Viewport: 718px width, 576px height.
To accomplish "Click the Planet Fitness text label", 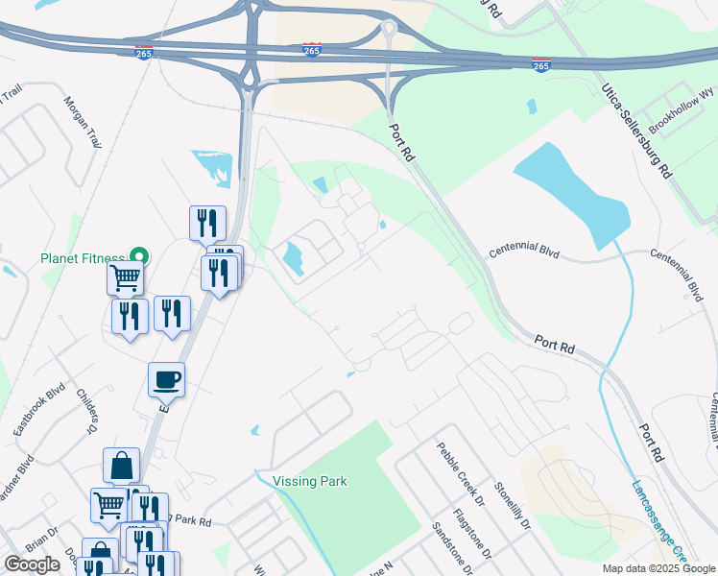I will click(82, 258).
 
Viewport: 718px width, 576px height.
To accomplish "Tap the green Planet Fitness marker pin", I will click(139, 256).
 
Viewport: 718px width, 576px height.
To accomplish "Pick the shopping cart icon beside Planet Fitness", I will click(125, 278).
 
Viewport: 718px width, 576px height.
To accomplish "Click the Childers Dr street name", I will click(86, 412).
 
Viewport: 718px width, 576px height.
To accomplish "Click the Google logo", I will click(32, 564).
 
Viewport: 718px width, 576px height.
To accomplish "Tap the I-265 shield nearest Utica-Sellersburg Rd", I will click(541, 65).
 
